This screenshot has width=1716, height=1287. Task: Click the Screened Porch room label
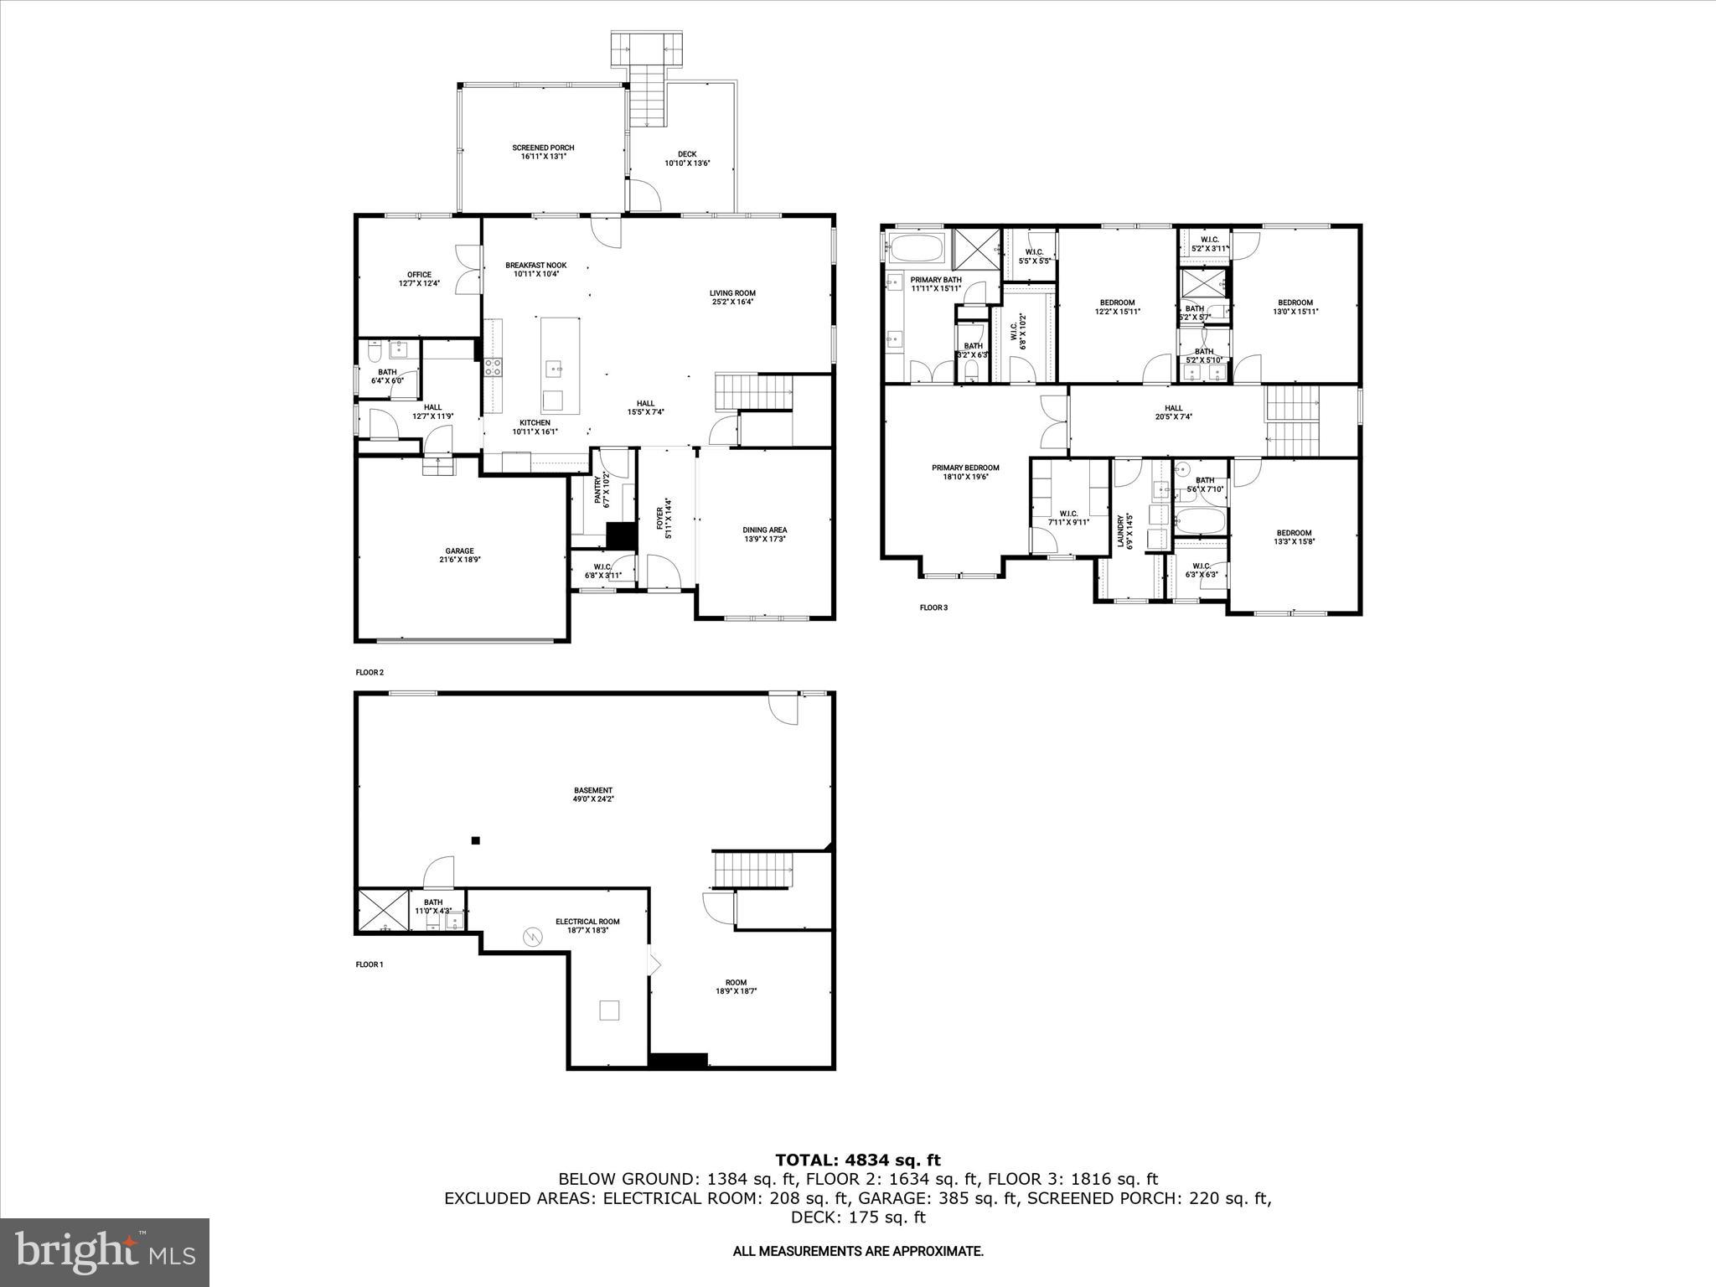543,148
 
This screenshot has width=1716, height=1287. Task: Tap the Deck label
687,154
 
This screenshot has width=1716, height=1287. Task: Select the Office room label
419,275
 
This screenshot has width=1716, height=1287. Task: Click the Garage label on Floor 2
459,550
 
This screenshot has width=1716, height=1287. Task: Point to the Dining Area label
764,530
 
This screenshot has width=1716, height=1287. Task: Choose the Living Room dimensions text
732,302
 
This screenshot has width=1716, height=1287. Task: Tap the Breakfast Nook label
535,265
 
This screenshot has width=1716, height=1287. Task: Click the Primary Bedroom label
965,468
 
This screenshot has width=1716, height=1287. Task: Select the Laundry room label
1120,530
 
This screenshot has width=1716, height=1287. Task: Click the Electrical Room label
587,922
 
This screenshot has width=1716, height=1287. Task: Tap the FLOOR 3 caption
933,607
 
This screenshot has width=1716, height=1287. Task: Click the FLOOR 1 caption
370,964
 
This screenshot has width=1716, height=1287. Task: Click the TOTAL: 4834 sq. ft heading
857,1160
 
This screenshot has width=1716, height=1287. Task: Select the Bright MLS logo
105,1253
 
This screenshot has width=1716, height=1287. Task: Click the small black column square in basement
476,840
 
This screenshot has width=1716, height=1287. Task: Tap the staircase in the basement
752,869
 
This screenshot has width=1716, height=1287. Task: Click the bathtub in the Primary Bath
917,249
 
